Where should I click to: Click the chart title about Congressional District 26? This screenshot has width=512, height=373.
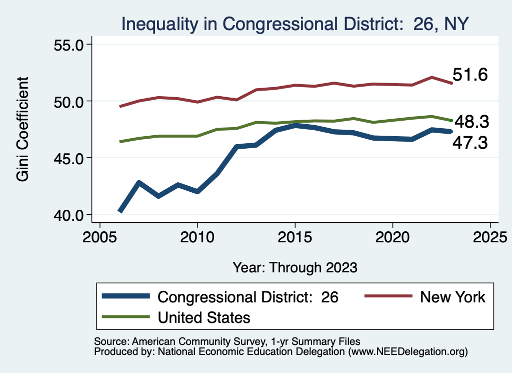tap(295, 24)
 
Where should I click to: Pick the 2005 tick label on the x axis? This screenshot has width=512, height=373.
tap(99, 236)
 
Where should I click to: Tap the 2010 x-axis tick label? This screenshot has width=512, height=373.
tap(197, 236)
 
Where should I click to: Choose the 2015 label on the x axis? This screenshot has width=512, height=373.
tap(295, 236)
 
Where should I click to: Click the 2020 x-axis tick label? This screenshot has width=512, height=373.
tap(392, 236)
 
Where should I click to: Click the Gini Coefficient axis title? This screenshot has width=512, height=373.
tap(22, 129)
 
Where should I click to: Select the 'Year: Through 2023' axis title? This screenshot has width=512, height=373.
tap(295, 267)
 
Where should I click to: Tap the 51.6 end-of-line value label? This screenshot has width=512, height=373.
tap(470, 75)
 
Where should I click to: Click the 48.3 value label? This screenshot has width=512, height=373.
tap(471, 122)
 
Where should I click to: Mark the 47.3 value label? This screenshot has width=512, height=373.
tap(470, 144)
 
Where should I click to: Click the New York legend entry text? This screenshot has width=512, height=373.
tap(452, 297)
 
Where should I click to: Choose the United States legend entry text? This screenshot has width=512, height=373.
tap(204, 317)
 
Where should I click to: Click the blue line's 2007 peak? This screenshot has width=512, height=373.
tap(139, 183)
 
